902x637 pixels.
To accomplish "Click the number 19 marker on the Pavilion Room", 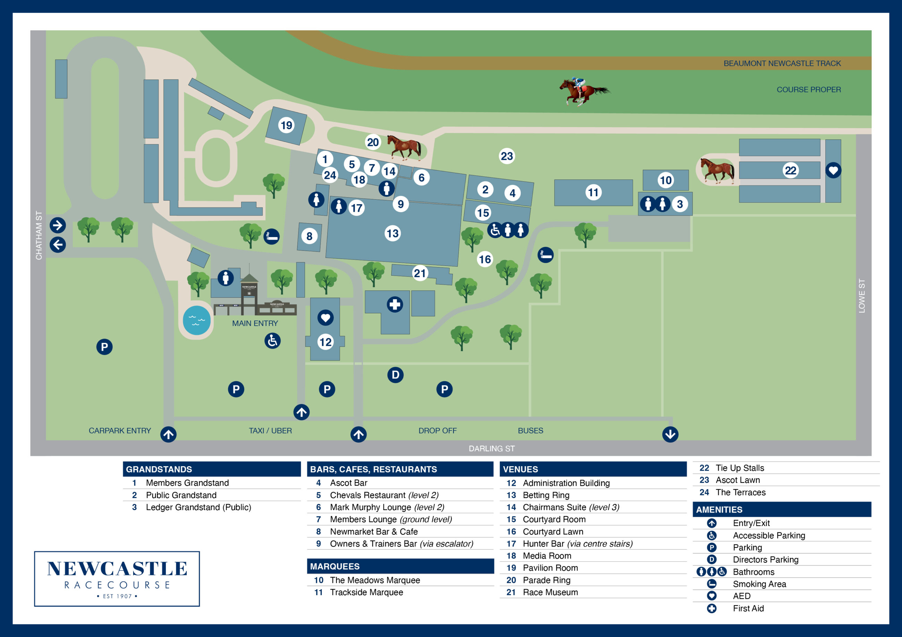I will (x=287, y=125).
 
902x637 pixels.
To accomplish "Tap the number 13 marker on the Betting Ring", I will (x=392, y=234).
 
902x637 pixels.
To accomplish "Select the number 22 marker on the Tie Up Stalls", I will (x=790, y=170).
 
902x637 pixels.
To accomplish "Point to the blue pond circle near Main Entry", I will (x=196, y=320).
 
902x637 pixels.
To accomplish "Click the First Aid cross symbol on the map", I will (x=395, y=305).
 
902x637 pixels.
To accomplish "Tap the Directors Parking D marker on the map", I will (x=395, y=375).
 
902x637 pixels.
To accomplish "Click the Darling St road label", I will (x=492, y=448).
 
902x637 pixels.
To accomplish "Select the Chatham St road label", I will (x=39, y=235).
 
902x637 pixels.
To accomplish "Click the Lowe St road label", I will (x=861, y=296).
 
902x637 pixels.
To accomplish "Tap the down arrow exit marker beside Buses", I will (x=670, y=434).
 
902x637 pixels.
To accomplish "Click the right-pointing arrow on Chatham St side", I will (x=58, y=225).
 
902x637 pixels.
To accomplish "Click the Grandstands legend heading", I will (x=159, y=469).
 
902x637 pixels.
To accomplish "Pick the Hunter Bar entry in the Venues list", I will (x=577, y=543).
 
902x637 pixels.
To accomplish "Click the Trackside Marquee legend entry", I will (x=366, y=592).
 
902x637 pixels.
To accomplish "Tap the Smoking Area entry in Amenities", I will (x=759, y=584).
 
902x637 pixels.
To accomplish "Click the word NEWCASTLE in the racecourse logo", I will (x=117, y=569).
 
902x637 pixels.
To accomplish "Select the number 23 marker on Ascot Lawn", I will (x=507, y=156).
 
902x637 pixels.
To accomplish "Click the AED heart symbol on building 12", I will (x=325, y=317).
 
